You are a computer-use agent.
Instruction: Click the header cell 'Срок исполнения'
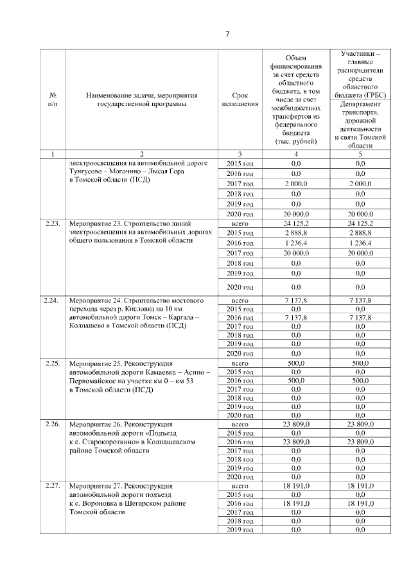239,100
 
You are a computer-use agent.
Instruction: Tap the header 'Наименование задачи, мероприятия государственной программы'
141,100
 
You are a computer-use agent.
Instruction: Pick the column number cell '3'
239,154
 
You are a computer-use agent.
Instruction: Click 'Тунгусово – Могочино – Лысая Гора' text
139,173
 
